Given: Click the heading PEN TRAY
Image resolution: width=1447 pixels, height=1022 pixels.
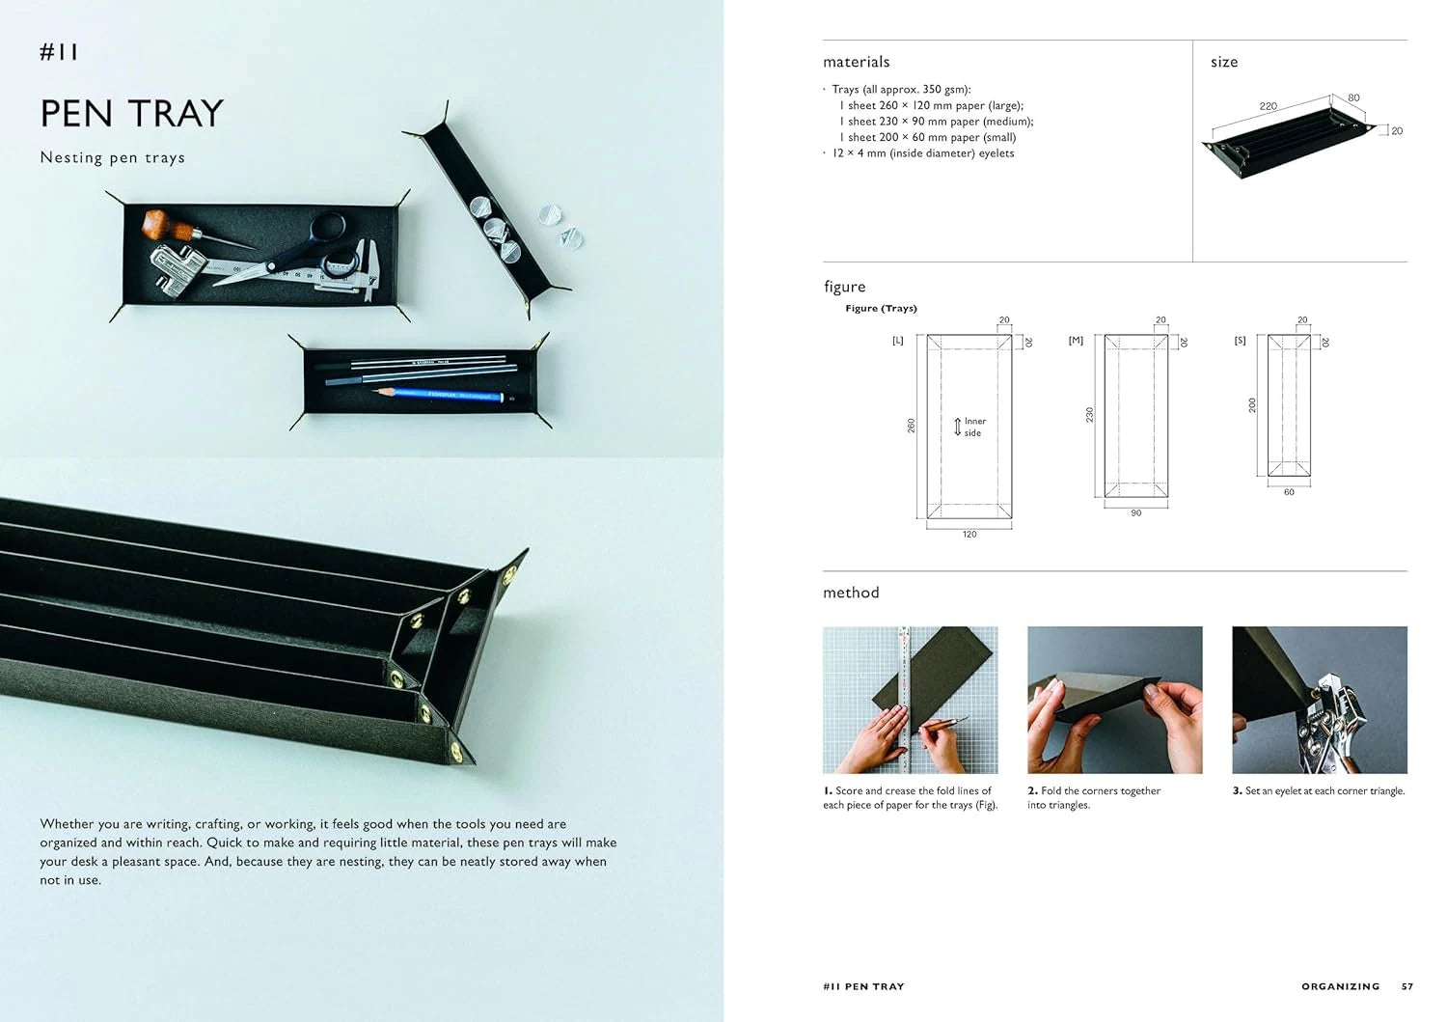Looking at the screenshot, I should click(x=131, y=114).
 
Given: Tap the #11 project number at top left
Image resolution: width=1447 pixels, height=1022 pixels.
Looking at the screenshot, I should click(x=59, y=52).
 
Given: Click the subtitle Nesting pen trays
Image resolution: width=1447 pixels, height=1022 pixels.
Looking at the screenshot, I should click(x=112, y=157).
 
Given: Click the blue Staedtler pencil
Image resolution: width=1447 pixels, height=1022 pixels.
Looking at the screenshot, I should click(x=439, y=394).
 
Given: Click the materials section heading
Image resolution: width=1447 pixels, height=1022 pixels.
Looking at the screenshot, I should click(x=856, y=62).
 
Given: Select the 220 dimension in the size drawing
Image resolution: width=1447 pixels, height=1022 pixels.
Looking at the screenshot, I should click(x=1268, y=106).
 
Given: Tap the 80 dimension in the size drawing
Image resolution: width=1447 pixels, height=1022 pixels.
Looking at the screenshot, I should click(x=1353, y=97).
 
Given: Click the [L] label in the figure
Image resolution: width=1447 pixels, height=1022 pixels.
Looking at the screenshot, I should click(x=897, y=341).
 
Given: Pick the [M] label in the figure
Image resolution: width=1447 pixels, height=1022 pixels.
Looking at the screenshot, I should click(x=1076, y=341).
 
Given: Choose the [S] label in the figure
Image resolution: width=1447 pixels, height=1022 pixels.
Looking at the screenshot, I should click(x=1240, y=341).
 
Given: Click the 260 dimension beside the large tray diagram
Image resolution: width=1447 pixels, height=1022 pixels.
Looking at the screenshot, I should click(x=911, y=426).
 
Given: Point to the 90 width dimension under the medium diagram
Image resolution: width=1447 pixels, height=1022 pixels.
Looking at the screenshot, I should click(x=1135, y=513).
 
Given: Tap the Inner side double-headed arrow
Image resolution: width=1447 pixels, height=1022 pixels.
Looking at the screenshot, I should click(x=957, y=427).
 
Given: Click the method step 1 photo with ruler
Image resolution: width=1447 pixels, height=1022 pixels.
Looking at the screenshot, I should click(x=910, y=700).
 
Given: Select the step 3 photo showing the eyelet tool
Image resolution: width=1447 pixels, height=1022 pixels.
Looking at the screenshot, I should click(x=1319, y=700).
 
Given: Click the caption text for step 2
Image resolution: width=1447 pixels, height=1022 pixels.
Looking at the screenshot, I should click(x=1093, y=797).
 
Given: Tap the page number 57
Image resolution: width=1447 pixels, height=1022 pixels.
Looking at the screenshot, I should click(x=1407, y=986).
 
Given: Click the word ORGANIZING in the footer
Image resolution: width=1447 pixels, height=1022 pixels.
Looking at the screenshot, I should click(x=1340, y=986).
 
